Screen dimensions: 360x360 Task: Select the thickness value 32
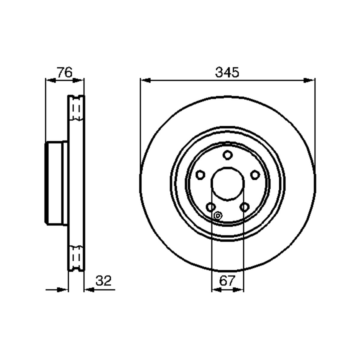(x=103, y=286)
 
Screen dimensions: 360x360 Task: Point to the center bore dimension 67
(x=227, y=286)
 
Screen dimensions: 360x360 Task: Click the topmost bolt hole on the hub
(x=227, y=155)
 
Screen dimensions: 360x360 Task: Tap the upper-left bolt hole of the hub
(x=200, y=175)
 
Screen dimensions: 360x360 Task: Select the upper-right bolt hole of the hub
(x=255, y=175)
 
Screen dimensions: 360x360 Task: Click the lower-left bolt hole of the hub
(x=211, y=207)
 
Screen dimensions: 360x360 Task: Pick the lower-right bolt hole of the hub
(x=244, y=207)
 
